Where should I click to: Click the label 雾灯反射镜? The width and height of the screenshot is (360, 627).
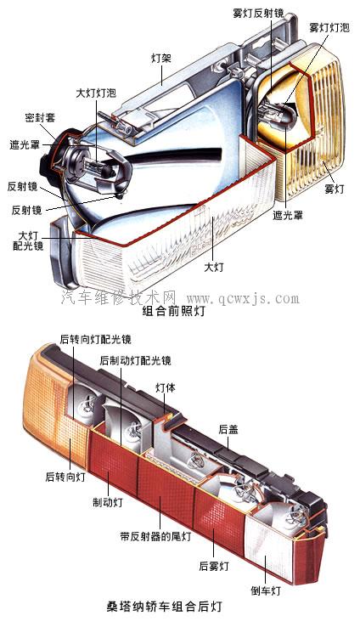tap(258, 14)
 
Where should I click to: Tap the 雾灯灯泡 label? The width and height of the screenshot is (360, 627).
tap(329, 27)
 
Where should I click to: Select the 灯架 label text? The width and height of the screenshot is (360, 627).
tap(161, 58)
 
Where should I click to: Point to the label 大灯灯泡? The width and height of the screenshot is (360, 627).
tap(96, 93)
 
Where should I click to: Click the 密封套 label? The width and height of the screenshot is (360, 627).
tap(40, 117)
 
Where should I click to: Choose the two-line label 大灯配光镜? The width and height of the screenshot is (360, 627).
tap(28, 240)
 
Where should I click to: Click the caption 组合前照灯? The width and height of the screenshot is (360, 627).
tap(173, 311)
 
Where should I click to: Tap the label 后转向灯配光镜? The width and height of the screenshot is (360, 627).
tap(95, 340)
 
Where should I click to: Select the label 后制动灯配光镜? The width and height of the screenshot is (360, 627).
tap(136, 361)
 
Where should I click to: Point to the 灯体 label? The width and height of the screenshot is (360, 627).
tap(166, 387)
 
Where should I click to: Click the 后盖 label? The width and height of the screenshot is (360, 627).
tap(228, 429)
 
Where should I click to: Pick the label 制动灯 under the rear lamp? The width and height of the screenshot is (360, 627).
tap(108, 502)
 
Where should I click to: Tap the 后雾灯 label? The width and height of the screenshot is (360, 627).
tap(214, 566)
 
